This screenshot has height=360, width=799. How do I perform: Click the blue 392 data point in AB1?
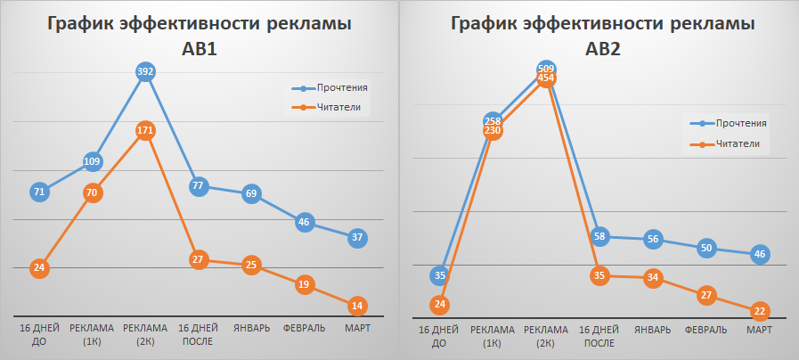click(x=146, y=72)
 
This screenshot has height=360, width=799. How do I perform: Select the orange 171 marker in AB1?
click(x=146, y=131)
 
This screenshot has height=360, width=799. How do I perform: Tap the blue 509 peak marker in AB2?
click(x=547, y=68)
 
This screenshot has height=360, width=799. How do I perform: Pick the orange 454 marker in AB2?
click(x=547, y=78)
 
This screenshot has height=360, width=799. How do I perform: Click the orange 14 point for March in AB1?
click(x=357, y=306)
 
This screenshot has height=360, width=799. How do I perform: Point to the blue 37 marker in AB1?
click(x=357, y=237)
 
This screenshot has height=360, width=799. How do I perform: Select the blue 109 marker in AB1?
click(x=93, y=161)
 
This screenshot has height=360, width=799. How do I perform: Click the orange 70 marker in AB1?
click(x=93, y=192)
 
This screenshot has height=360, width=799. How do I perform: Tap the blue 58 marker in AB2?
click(x=599, y=236)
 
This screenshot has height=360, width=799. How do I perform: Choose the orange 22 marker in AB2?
click(x=759, y=310)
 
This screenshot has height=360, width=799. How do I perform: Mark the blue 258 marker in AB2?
click(x=493, y=120)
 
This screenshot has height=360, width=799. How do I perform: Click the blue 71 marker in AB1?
click(x=39, y=192)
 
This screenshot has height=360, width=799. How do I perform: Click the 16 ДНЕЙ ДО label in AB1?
click(x=39, y=333)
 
